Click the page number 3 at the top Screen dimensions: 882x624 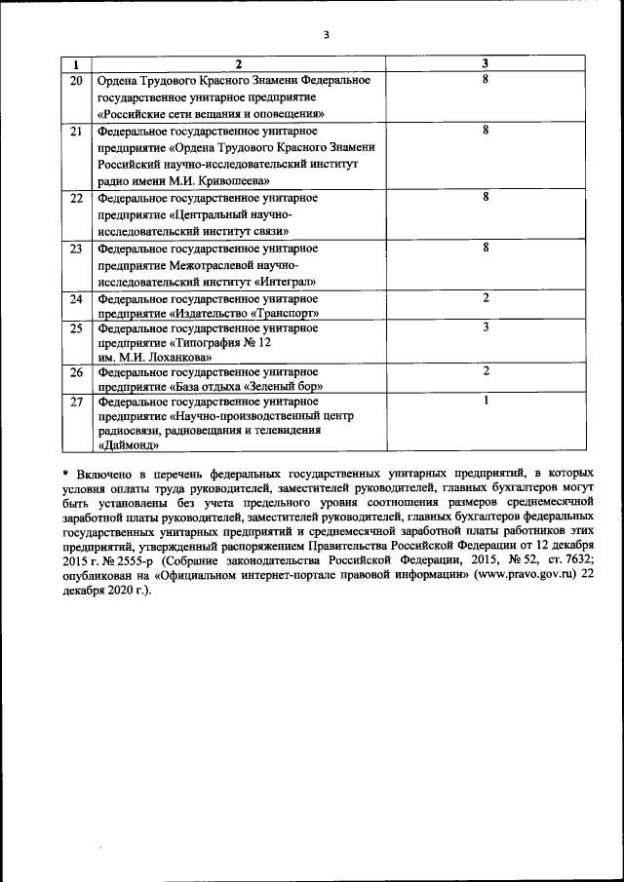(328, 35)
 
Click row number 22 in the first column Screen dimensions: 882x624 (76, 197)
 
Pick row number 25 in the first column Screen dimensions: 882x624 (76, 328)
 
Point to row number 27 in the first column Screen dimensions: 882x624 (76, 401)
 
